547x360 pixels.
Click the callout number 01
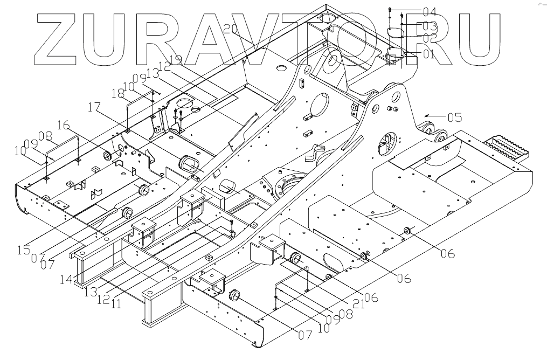point(428,54)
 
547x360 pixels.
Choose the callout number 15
point(23,250)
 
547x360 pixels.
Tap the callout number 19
point(175,59)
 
